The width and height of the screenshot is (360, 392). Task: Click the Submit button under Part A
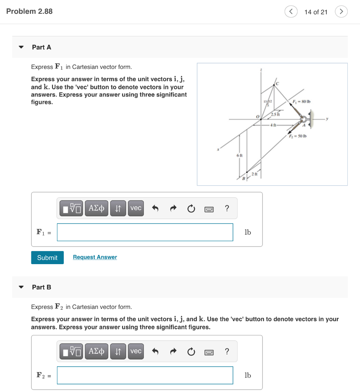coord(47,258)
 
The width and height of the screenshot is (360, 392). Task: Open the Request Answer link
coord(95,257)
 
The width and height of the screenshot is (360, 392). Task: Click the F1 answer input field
coord(145,232)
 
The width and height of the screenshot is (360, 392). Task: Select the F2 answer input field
coord(145,375)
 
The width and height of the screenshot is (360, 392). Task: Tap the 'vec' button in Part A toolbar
coord(136,208)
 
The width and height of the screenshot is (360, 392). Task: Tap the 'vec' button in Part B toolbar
coord(136,351)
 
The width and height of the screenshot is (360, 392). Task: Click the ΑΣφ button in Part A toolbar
coord(96,208)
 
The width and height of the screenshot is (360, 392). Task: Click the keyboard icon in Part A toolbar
coord(209,209)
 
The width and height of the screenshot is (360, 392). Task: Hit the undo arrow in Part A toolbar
coord(155,209)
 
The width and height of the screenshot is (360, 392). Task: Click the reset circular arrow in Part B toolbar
coord(191,351)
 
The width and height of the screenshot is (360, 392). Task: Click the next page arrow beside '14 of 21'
coord(341,12)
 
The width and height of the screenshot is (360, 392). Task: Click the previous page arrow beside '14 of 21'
coord(291,12)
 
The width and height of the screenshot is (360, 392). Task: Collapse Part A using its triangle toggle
coord(21,47)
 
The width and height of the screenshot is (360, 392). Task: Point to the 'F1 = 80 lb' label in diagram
coord(301,101)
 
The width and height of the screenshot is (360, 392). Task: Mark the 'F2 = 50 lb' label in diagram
coord(298,136)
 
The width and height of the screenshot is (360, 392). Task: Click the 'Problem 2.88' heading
coord(29,11)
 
